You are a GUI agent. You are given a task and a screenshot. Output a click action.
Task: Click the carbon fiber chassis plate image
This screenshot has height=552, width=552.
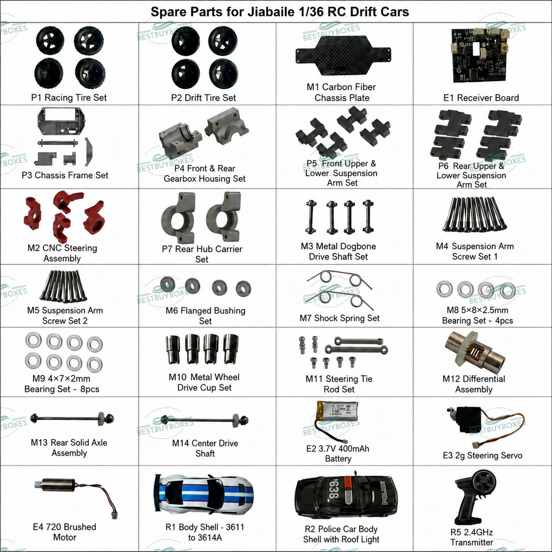343,56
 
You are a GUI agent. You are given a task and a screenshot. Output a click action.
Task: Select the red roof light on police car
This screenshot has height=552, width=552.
348,490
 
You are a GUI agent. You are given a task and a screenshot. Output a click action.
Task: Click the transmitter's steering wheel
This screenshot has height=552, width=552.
484,483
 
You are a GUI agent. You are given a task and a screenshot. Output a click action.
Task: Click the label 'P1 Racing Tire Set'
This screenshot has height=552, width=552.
69,98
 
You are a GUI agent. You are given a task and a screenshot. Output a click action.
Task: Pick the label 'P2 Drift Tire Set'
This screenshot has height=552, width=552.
203,98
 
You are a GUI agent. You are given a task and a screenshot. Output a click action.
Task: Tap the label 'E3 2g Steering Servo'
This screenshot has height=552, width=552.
483,455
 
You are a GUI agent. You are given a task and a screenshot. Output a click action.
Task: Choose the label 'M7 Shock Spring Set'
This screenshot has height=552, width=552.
339,318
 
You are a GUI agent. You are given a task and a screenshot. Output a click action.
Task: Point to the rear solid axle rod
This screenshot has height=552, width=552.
72,419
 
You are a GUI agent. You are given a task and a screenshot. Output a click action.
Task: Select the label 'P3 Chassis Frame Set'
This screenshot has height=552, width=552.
65,175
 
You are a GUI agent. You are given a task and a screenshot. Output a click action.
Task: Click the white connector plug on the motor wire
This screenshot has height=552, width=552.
114,515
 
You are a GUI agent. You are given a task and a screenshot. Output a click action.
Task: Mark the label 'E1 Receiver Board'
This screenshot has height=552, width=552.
481,98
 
